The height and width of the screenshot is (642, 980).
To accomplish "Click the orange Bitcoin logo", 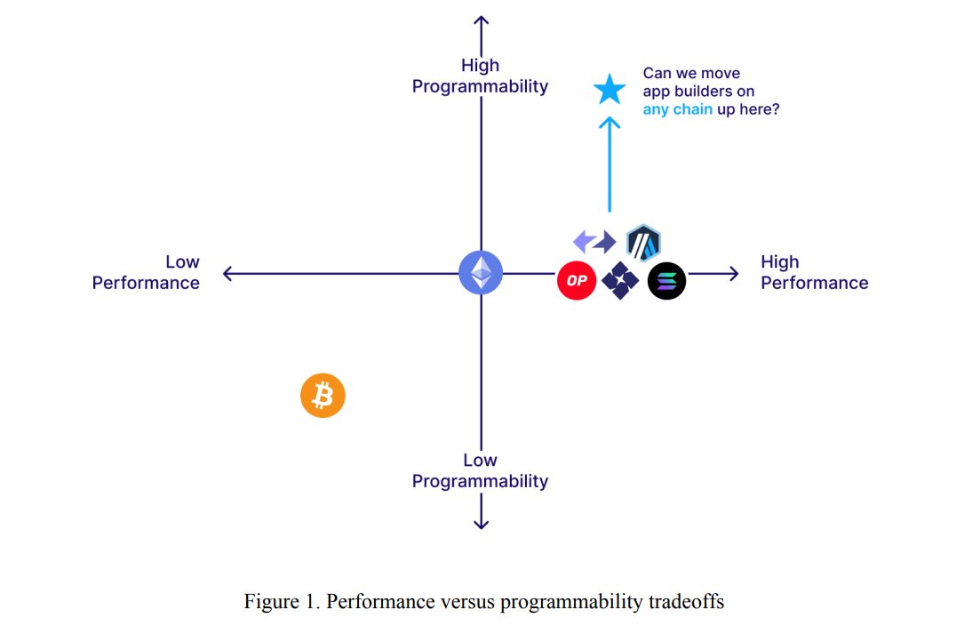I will pyautogui.click(x=323, y=395).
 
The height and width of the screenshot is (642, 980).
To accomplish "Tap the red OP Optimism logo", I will pyautogui.click(x=576, y=281).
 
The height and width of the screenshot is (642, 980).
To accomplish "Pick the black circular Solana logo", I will pyautogui.click(x=666, y=281).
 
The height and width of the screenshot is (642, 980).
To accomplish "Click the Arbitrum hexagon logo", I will pyautogui.click(x=643, y=242).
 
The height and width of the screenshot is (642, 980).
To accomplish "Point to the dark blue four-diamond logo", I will pyautogui.click(x=620, y=281).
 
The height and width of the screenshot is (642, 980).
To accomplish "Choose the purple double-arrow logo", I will pyautogui.click(x=594, y=241).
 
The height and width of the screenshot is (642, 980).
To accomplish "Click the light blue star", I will pyautogui.click(x=610, y=89).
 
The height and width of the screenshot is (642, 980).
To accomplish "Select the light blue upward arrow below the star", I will pyautogui.click(x=610, y=164).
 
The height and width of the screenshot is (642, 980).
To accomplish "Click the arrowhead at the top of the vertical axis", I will pyautogui.click(x=481, y=21).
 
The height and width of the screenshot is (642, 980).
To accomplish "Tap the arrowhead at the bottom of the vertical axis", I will pyautogui.click(x=481, y=524).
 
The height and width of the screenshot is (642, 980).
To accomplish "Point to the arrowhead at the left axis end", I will pyautogui.click(x=227, y=273).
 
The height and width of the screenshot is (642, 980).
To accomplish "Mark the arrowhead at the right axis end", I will pyautogui.click(x=732, y=273).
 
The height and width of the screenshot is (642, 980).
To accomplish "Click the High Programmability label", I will pyautogui.click(x=481, y=76).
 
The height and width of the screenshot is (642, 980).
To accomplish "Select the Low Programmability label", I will pyautogui.click(x=481, y=470).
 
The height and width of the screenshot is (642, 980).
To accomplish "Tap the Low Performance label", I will pyautogui.click(x=147, y=272).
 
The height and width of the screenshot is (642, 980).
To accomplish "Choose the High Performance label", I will pyautogui.click(x=814, y=272).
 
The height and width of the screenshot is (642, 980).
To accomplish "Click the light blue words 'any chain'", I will pyautogui.click(x=677, y=110).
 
